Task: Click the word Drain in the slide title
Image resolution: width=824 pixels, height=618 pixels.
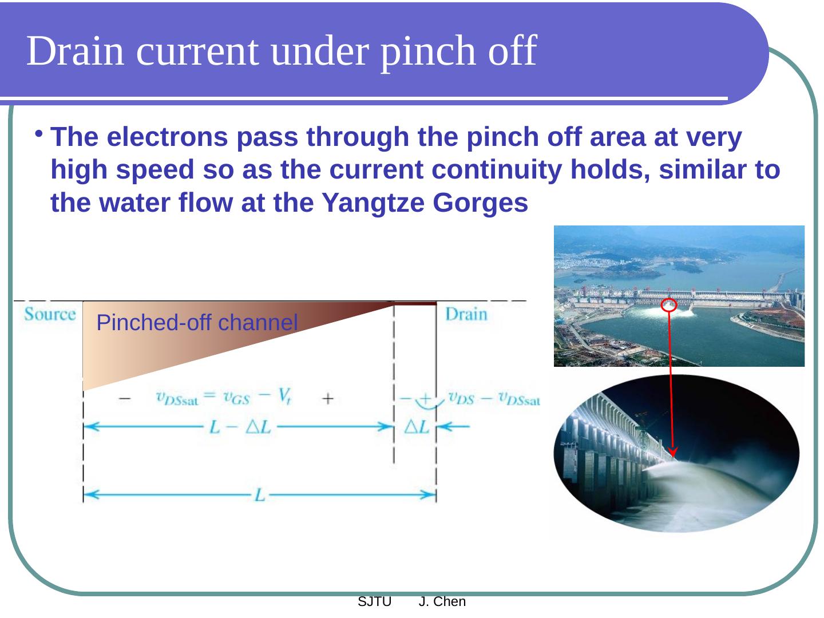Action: pyautogui.click(x=75, y=51)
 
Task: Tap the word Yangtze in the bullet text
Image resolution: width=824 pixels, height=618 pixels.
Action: pyautogui.click(x=373, y=203)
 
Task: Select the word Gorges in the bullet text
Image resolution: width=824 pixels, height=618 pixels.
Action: pyautogui.click(x=480, y=203)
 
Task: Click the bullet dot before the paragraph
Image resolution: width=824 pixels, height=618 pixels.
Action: pyautogui.click(x=38, y=133)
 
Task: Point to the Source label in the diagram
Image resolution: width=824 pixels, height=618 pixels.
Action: pyautogui.click(x=50, y=314)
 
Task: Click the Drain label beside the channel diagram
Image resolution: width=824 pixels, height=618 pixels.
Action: pyautogui.click(x=466, y=314)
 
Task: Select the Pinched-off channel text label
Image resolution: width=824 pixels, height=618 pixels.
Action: pyautogui.click(x=197, y=322)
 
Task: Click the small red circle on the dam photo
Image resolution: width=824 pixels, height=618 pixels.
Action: pyautogui.click(x=668, y=304)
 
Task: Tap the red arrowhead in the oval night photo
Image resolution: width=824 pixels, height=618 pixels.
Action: pyautogui.click(x=673, y=452)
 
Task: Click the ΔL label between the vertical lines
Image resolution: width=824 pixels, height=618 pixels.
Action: pyautogui.click(x=417, y=427)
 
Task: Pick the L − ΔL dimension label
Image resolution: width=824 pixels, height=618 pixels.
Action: pyautogui.click(x=240, y=427)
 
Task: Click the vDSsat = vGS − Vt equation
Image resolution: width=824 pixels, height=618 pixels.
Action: pyautogui.click(x=224, y=397)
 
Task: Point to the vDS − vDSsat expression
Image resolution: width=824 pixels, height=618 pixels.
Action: pyautogui.click(x=494, y=398)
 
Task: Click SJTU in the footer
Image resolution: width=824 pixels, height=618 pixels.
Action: pyautogui.click(x=374, y=602)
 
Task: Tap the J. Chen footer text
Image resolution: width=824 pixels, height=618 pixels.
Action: pyautogui.click(x=442, y=602)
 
